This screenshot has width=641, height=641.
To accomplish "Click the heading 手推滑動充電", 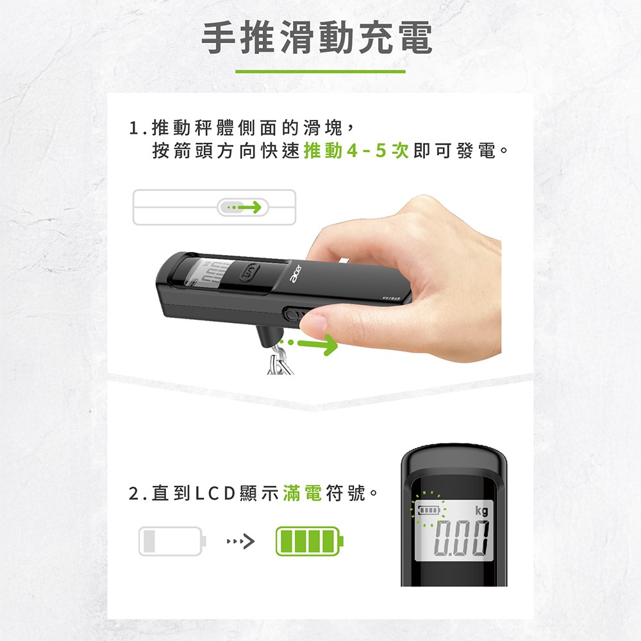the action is pos(317,38).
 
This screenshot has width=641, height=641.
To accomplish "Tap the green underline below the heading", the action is pos(320,72).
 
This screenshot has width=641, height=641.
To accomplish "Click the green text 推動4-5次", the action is pos(356,151).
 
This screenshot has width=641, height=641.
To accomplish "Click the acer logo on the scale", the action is pos(296,273).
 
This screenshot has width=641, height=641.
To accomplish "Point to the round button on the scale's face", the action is pos(249,272).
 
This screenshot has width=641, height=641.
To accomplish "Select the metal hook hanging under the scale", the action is pos(279,360).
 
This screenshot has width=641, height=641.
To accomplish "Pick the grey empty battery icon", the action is pos(172,541).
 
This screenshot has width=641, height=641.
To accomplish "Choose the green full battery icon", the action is pos(310,541).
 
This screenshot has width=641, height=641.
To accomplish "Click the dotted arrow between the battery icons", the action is pos(241,542).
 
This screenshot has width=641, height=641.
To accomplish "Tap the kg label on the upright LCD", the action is pos(481,511).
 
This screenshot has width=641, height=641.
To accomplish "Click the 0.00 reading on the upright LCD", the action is pos(462,540).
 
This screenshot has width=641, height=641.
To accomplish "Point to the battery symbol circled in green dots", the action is pos(428,510).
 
